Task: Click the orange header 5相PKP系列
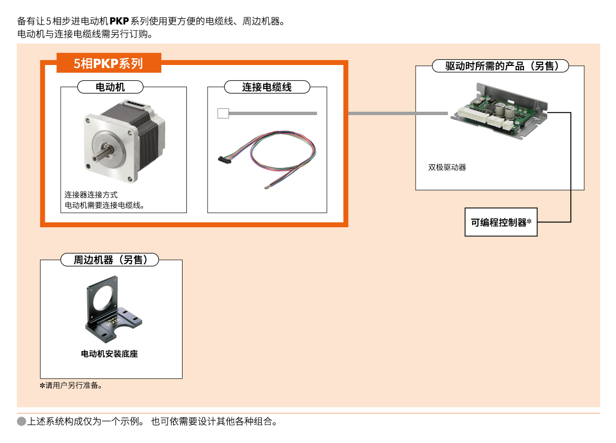(x=108, y=63)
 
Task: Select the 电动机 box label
(x=110, y=87)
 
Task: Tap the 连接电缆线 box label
(x=267, y=87)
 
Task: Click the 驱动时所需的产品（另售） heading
(x=500, y=66)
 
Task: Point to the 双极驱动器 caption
(x=447, y=168)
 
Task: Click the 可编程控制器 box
(x=501, y=222)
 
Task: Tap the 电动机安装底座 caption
(x=109, y=354)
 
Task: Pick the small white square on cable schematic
(x=223, y=114)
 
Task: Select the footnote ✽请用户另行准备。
(x=71, y=386)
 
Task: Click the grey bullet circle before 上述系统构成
(x=21, y=422)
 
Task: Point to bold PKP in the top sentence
(x=119, y=21)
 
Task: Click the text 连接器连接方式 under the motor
(x=91, y=195)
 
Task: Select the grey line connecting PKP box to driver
(x=397, y=114)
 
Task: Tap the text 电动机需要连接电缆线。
(x=105, y=206)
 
